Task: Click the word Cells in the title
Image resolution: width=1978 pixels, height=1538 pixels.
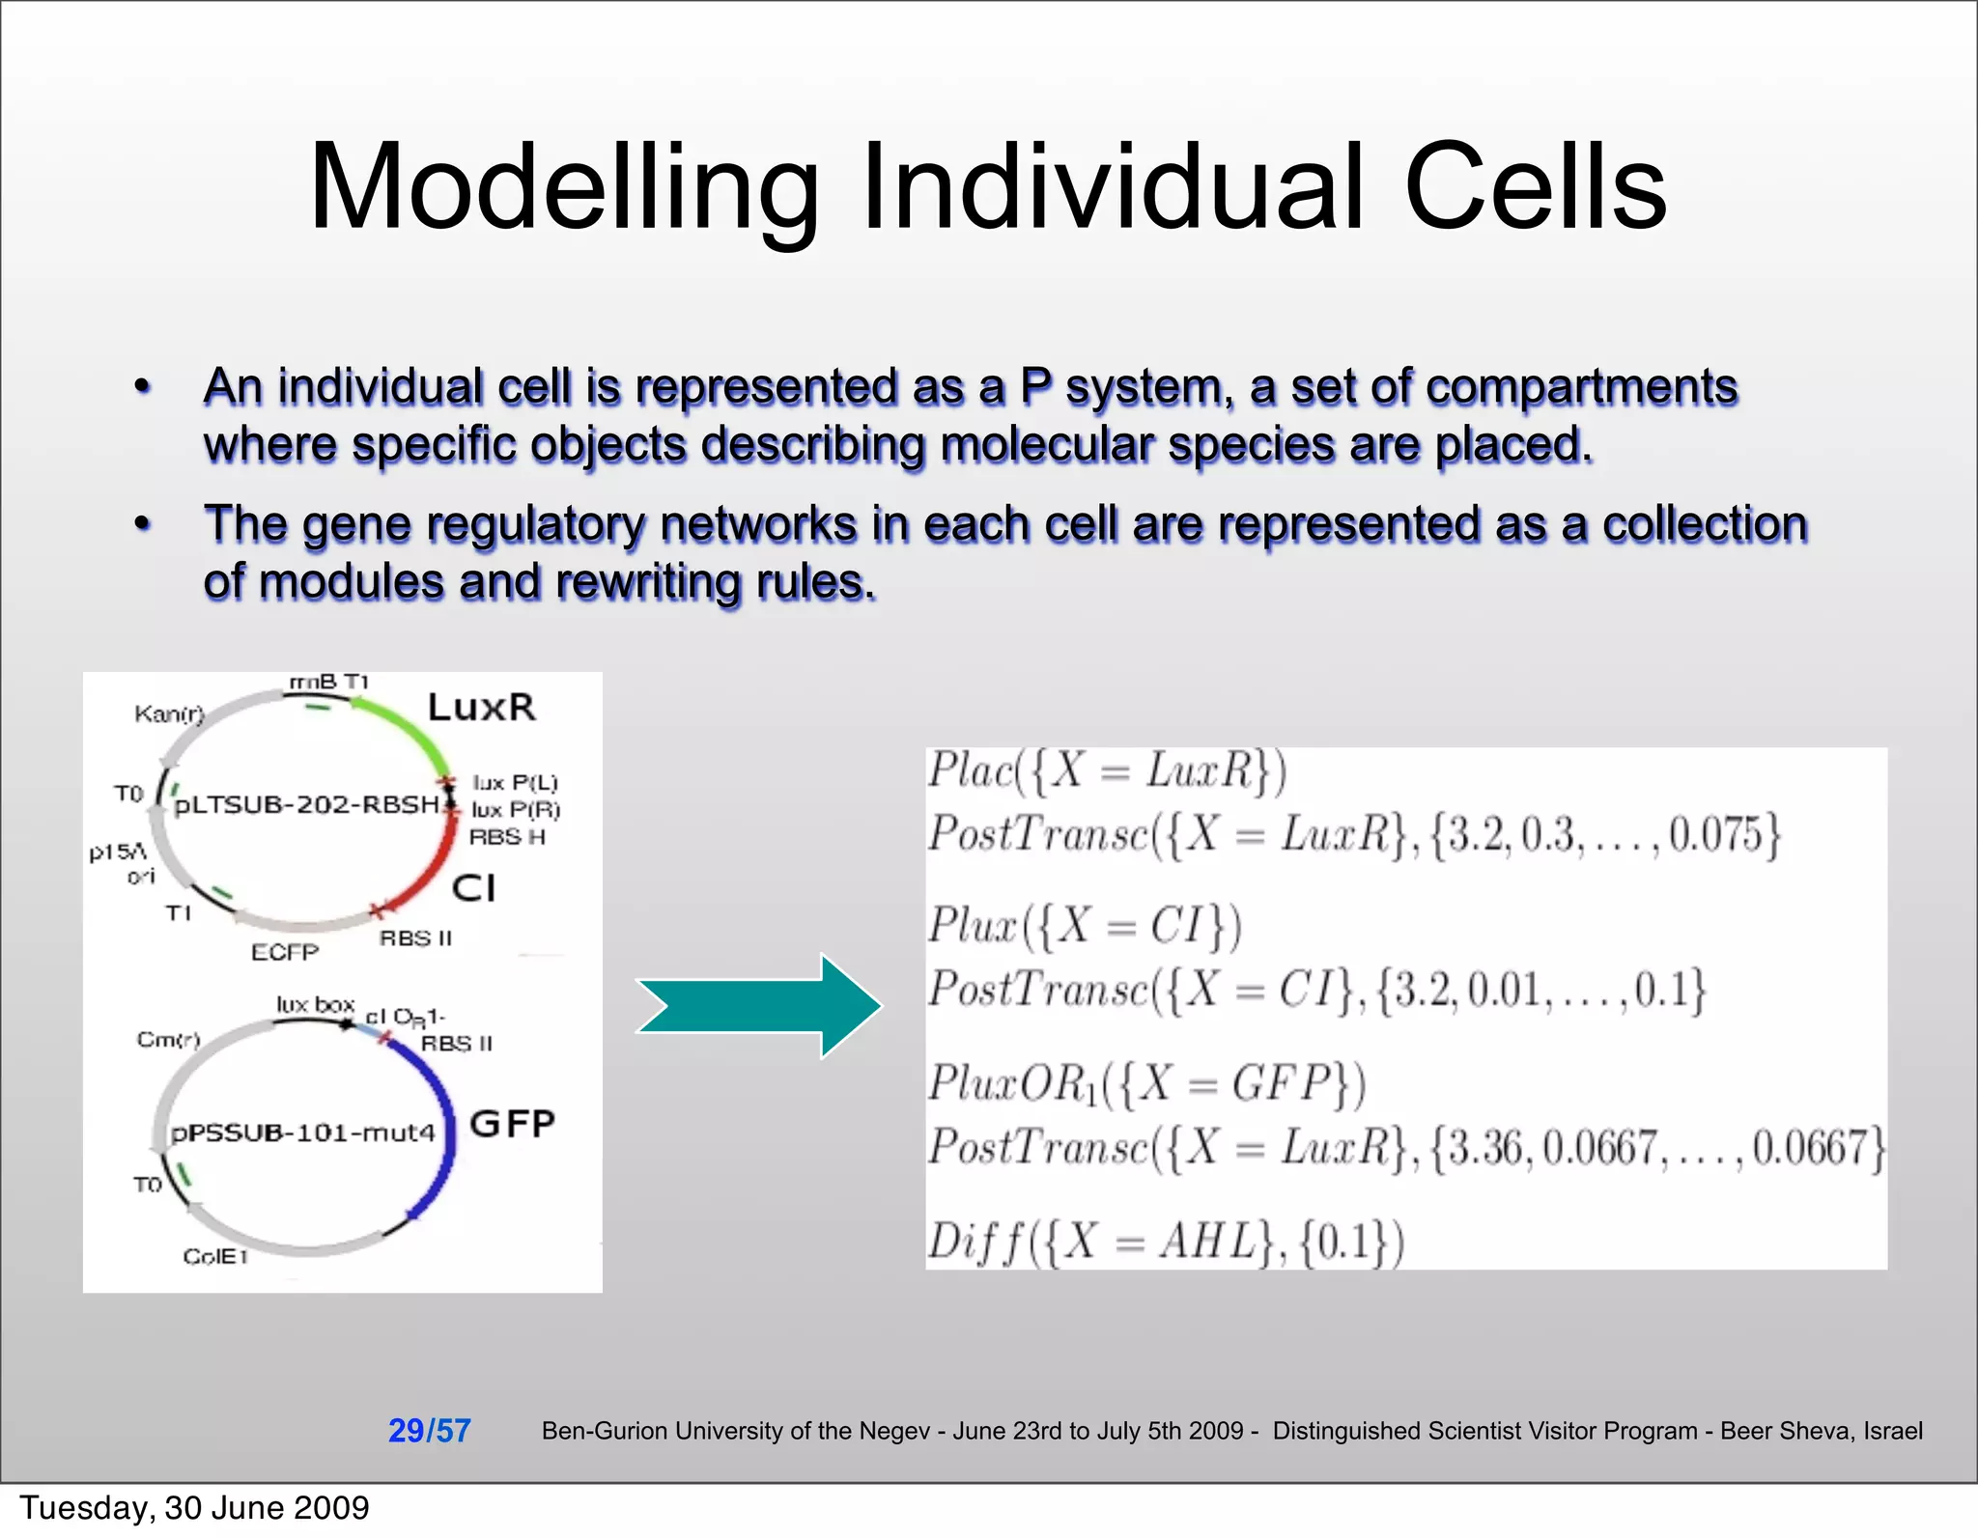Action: tap(1536, 188)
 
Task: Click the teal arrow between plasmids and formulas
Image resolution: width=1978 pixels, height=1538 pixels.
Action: tap(758, 1006)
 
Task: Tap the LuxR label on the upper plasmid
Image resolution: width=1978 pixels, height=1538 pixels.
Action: tap(481, 707)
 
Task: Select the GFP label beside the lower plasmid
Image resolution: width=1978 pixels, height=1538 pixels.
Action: tap(512, 1123)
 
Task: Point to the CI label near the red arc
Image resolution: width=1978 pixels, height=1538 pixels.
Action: tap(473, 887)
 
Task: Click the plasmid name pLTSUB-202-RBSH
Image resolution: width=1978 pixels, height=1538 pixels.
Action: tap(307, 804)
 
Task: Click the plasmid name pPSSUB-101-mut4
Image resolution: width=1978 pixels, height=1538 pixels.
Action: tap(302, 1133)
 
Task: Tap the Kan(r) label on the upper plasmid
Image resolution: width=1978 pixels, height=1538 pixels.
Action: tap(169, 713)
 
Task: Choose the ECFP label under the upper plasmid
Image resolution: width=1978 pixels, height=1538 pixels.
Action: tap(284, 952)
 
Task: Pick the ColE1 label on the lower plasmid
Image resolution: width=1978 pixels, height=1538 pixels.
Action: tap(215, 1256)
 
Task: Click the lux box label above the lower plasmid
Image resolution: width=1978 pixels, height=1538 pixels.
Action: tap(315, 1004)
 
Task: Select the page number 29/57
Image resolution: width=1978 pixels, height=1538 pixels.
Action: tap(429, 1430)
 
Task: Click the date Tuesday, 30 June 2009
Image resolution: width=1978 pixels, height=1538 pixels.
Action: tap(194, 1508)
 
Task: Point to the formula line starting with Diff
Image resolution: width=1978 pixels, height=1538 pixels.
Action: tap(1165, 1242)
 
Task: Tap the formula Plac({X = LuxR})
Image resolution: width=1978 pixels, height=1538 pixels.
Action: tap(1107, 771)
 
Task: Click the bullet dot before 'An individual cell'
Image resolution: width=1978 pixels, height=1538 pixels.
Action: tap(143, 388)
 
